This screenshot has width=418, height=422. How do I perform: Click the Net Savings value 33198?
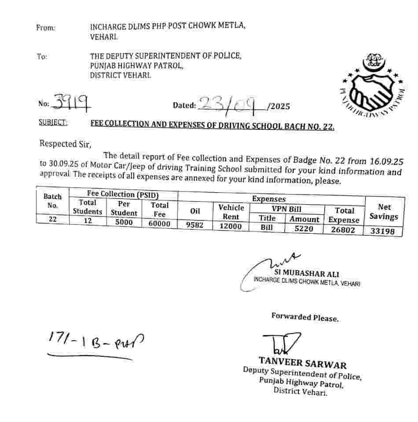[383, 231]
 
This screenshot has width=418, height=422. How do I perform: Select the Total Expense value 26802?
[345, 229]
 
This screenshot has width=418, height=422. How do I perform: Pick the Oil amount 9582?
[195, 224]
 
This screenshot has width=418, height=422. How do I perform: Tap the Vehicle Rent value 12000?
[231, 226]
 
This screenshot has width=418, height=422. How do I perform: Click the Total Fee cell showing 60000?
[159, 223]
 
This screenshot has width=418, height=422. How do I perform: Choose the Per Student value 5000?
[124, 222]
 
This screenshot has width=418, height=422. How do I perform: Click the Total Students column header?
[88, 207]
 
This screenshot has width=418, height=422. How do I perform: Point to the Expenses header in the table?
[268, 199]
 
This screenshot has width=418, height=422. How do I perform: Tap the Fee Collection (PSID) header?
[123, 194]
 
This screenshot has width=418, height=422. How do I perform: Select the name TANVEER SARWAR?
[302, 363]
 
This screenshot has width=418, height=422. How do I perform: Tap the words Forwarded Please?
[304, 317]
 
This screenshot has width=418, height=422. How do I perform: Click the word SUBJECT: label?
[53, 123]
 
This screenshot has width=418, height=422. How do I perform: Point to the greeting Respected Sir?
[66, 143]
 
